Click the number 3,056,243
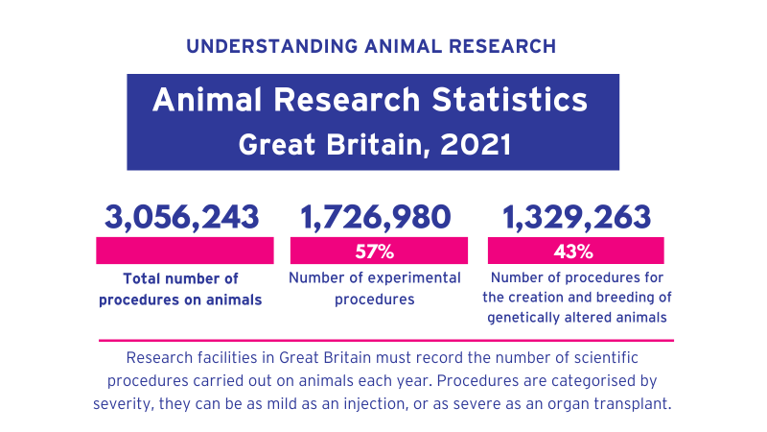[x=182, y=217]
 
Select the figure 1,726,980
[x=375, y=217]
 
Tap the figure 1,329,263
[x=576, y=217]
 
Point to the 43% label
[x=573, y=252]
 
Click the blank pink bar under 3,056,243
[x=184, y=252]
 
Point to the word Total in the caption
[x=145, y=279]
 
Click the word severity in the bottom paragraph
[x=125, y=403]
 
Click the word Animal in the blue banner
[x=204, y=99]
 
